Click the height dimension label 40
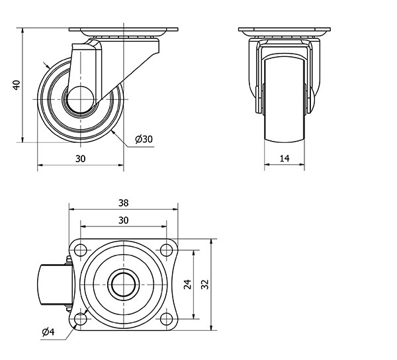tap(17, 85)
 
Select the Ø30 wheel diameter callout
tap(144, 139)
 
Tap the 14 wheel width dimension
tap(285, 158)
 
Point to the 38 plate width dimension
tap(123, 202)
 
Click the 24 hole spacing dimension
tap(188, 285)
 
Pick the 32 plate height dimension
tap(204, 285)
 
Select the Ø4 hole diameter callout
tap(48, 332)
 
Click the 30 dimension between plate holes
tap(123, 220)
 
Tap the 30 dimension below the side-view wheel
tap(81, 159)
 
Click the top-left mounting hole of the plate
tap(81, 250)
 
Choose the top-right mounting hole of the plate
tap(166, 250)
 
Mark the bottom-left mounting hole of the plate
tap(81, 319)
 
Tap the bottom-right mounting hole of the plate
tap(166, 319)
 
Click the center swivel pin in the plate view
tap(124, 285)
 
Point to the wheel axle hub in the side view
tap(81, 99)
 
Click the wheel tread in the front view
tap(285, 99)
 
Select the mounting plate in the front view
tap(285, 29)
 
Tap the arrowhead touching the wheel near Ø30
tap(113, 132)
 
